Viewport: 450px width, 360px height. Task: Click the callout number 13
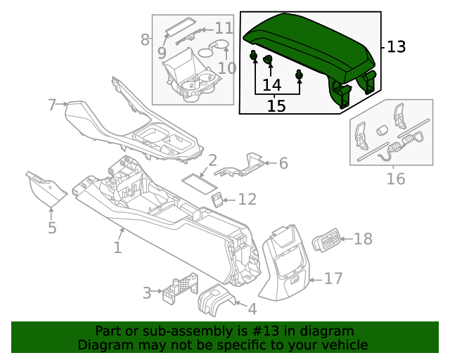click(397, 47)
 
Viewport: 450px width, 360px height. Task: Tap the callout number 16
click(396, 179)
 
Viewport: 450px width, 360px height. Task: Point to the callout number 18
click(363, 240)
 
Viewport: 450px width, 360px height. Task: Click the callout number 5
click(52, 228)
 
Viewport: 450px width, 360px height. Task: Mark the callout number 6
click(283, 164)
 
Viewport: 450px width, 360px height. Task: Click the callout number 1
click(117, 247)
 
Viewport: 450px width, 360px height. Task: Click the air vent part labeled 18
click(326, 240)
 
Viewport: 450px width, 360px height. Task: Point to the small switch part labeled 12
click(219, 200)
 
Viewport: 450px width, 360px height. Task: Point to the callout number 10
click(226, 68)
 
